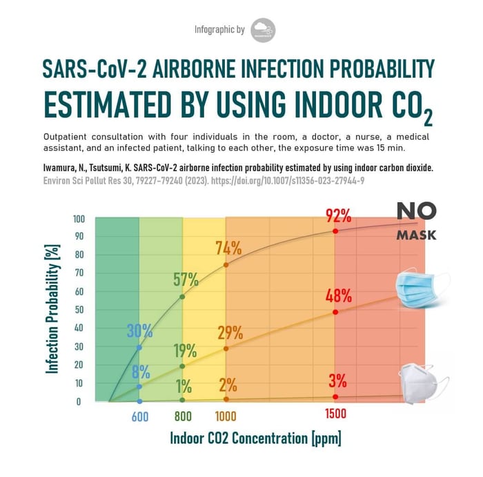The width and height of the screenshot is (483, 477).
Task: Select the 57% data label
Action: tap(184, 280)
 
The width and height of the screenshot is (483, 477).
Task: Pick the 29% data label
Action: tap(229, 333)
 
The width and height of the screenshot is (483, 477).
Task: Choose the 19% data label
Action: tap(184, 351)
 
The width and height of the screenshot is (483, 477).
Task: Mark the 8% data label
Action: tap(141, 372)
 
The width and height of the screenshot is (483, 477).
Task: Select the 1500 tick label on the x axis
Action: tap(335, 414)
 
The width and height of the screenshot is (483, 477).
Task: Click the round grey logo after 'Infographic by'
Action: tap(264, 30)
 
